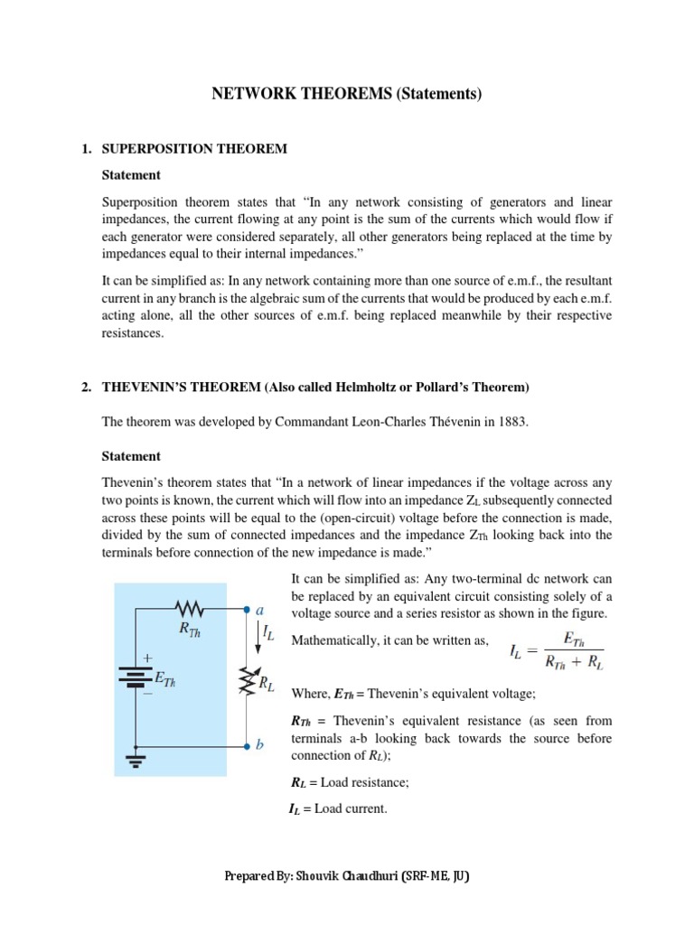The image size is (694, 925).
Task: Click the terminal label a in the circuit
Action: [260, 610]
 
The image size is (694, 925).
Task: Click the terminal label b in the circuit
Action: [260, 745]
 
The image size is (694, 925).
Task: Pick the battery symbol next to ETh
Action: [135, 677]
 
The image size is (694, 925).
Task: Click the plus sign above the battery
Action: [146, 659]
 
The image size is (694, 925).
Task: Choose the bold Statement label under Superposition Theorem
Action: [131, 174]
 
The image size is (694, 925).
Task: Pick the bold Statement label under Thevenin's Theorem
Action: [131, 456]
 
